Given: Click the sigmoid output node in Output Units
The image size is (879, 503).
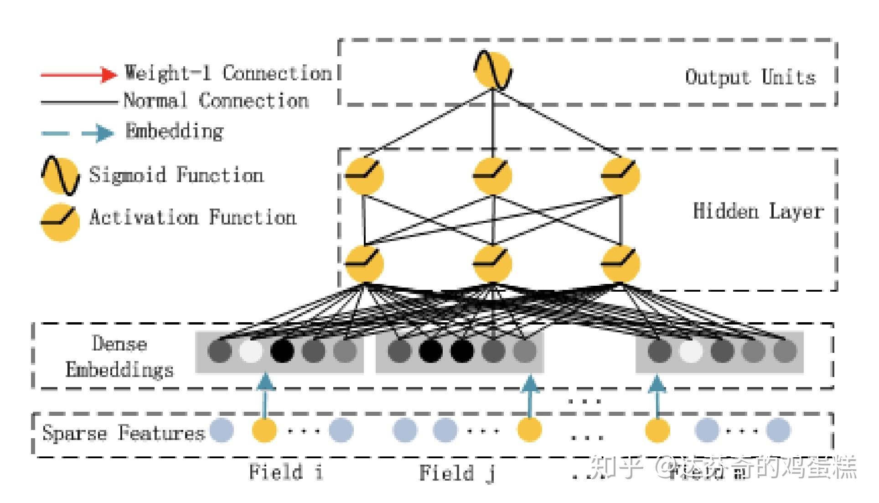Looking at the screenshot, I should coord(492,71).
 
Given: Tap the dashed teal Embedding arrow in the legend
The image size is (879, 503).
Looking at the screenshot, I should coord(78,133).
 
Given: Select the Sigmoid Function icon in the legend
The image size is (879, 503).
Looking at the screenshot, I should coord(60,176).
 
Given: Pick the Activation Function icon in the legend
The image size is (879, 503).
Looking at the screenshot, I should coord(60,221).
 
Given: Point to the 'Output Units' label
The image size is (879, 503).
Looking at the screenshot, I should coord(750,77).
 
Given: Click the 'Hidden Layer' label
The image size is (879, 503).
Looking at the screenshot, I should coord(758,211).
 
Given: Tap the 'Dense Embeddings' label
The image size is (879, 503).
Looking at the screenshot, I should coord(119,356).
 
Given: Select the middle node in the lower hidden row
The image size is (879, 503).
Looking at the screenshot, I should coord(492,264).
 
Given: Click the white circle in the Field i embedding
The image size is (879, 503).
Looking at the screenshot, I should coord(251,351).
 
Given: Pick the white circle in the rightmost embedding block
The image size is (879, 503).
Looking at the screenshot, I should coord(691,351).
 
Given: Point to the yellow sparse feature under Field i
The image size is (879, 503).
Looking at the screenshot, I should coord(264,430).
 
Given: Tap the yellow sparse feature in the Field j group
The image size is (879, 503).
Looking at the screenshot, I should coord(529,430).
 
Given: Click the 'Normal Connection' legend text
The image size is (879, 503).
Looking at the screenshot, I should coord(216,100).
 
